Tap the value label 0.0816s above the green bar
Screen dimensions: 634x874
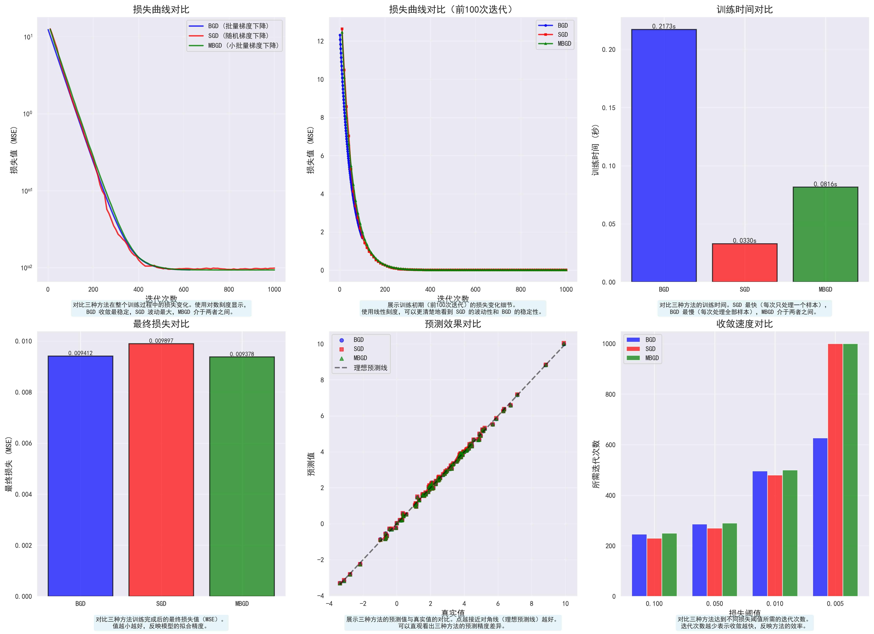tap(825, 184)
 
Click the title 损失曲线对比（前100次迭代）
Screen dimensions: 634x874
tap(452, 9)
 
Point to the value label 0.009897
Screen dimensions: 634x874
tap(161, 341)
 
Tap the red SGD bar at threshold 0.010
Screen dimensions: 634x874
tap(775, 536)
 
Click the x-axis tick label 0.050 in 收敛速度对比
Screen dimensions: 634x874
tap(714, 604)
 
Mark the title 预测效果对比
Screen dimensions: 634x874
tap(452, 324)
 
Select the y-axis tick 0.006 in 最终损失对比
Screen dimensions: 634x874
tap(23, 443)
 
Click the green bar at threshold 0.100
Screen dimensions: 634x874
tap(669, 565)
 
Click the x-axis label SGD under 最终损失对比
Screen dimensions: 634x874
tap(161, 604)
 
